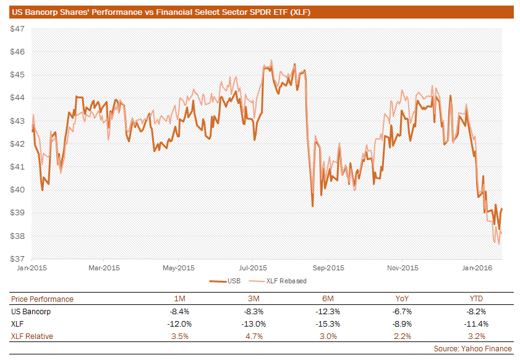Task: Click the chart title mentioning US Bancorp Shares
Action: [161, 12]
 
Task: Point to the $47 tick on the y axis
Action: [17, 29]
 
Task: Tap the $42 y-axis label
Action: [17, 144]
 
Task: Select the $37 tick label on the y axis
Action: [17, 259]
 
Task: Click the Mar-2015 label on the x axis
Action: [104, 268]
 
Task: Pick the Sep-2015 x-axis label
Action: [328, 268]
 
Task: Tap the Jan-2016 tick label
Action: [477, 268]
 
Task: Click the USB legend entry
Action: [225, 281]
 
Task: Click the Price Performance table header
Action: [42, 299]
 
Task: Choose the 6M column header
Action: [328, 299]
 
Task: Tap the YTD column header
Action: [476, 299]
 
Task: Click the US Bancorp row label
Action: [31, 312]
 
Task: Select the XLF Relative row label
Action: [32, 336]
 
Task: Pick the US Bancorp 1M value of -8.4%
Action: [179, 312]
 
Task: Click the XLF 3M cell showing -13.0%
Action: [254, 324]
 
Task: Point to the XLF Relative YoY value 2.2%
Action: [403, 336]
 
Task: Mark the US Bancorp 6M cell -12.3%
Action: [328, 312]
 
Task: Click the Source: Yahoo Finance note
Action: [472, 349]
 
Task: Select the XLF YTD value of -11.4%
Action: [476, 324]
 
